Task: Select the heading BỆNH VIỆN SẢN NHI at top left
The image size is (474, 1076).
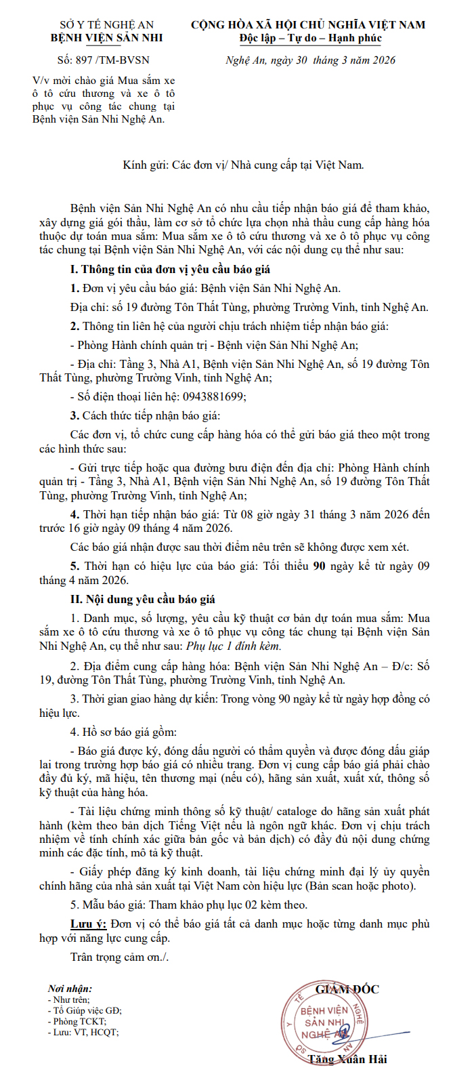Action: pos(107,38)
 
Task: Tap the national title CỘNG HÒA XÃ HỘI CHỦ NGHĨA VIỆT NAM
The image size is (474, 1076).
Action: pos(308,25)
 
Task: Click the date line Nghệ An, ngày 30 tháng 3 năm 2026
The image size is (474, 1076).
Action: pos(310,60)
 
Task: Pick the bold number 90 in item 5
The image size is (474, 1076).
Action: pos(319,566)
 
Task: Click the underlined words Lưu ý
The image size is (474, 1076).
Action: pos(88,924)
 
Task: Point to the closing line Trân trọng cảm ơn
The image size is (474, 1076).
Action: pos(119,957)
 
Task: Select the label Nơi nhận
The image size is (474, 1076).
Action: pos(70,989)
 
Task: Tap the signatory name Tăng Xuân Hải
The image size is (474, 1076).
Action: pos(347,1059)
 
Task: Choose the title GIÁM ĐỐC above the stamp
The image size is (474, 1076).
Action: pos(347,989)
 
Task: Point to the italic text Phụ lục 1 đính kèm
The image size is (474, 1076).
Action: pos(234,646)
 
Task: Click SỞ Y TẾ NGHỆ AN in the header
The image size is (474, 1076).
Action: pos(107,25)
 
